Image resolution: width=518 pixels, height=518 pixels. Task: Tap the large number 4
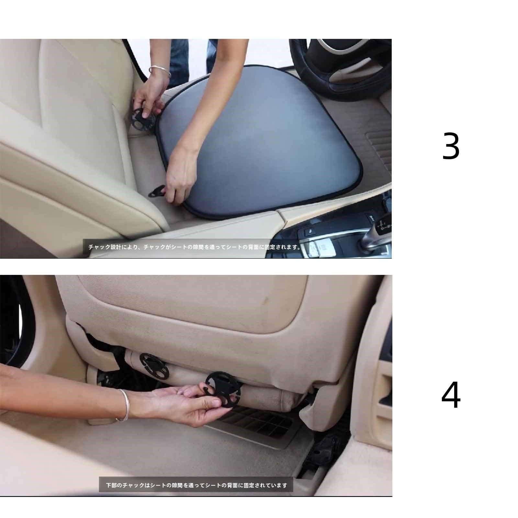click(x=451, y=395)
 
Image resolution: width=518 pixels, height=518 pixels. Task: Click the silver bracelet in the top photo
click(x=160, y=72)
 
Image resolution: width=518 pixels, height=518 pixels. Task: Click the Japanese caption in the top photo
click(x=195, y=247)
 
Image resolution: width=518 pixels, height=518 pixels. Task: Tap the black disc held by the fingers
click(x=223, y=388)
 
